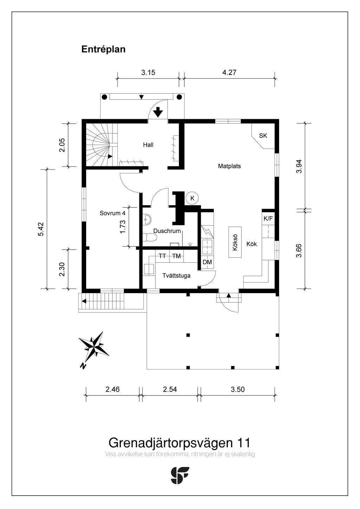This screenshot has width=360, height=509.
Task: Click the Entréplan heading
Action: pos(103,50)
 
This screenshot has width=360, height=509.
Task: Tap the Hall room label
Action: pos(148,145)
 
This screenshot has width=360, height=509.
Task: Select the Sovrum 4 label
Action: pos(112,213)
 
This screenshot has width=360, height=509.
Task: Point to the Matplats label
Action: pos(229,166)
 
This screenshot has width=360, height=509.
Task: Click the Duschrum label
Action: pos(167,231)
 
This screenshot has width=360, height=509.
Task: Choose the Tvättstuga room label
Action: pos(176,276)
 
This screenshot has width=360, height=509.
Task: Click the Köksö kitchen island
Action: pos(235,242)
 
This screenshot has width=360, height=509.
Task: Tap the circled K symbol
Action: pos(192,198)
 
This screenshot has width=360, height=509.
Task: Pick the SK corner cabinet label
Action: pos(263,136)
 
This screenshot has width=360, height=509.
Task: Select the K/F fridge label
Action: pos(268,219)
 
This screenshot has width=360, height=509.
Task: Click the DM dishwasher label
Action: pos(207,262)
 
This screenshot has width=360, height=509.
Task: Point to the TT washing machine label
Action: pos(162,256)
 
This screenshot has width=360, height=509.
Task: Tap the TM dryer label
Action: pos(176,256)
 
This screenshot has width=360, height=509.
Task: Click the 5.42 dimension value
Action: pos(41,229)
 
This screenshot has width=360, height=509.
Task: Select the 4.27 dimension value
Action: pos(229,72)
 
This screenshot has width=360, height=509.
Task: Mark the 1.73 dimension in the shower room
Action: pos(122,226)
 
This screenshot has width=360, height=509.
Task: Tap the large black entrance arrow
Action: pos(158,112)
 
